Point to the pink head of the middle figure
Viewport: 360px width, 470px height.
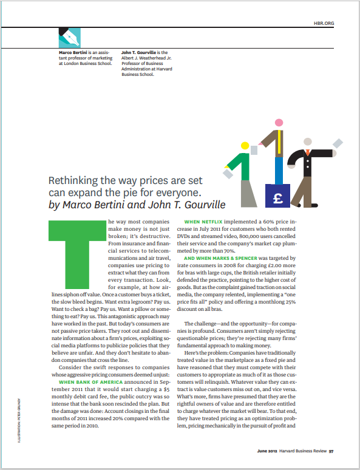coord(279,123)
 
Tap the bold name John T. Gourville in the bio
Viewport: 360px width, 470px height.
coord(140,53)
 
